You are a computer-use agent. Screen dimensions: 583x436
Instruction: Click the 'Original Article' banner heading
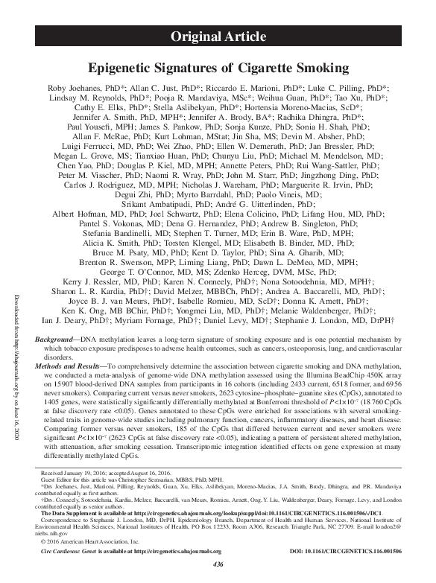pyautogui.click(x=218, y=36)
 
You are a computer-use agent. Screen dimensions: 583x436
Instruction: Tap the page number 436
pyautogui.click(x=218, y=566)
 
